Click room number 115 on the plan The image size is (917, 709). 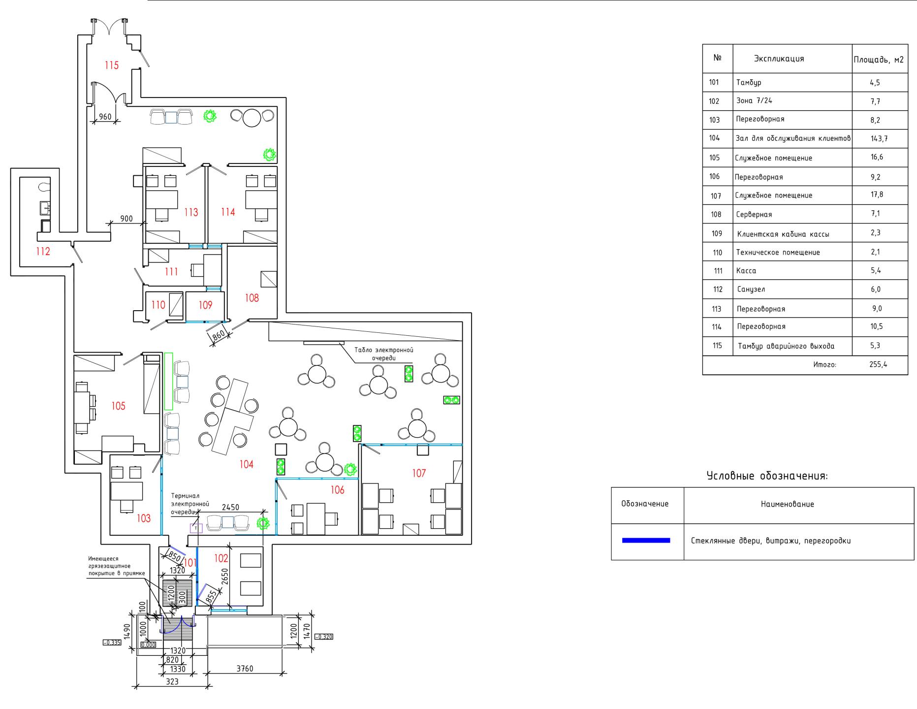(112, 65)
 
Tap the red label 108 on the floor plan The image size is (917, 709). (252, 298)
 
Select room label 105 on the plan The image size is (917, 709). (118, 406)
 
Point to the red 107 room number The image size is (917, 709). (419, 473)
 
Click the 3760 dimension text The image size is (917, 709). (245, 669)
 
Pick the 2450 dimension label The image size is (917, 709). (230, 507)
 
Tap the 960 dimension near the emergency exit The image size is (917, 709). (105, 117)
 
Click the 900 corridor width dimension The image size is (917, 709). (126, 219)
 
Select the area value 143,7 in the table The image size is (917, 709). (879, 138)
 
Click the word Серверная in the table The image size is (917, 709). (754, 214)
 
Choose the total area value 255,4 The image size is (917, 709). (878, 365)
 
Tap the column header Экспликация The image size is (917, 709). (779, 59)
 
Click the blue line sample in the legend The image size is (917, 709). (646, 541)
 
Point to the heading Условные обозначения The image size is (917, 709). (767, 476)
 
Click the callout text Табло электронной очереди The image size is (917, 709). (384, 354)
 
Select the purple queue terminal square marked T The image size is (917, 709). (196, 528)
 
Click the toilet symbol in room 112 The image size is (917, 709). (44, 187)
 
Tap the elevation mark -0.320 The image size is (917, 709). (324, 637)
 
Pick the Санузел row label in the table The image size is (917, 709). (751, 290)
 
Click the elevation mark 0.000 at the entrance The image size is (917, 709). (148, 645)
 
